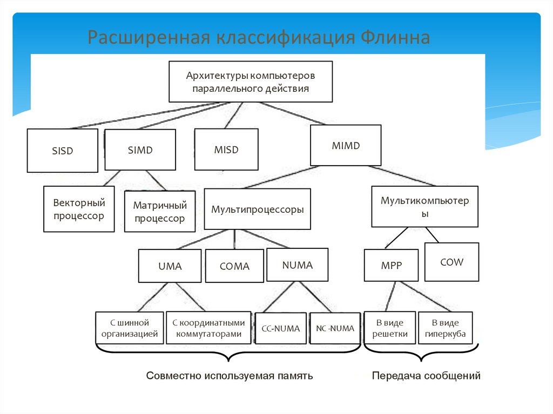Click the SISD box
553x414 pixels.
63,150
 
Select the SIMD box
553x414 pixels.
140,150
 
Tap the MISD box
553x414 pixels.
226,150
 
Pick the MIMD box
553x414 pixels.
346,145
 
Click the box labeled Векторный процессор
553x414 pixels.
79,209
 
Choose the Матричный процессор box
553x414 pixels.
160,212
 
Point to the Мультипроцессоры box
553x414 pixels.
258,209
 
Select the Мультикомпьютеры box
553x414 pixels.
424,206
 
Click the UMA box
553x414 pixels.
170,266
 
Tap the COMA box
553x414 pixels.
234,266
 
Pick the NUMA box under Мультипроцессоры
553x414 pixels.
297,264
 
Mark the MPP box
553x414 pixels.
391,266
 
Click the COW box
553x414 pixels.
451,262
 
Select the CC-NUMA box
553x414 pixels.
280,328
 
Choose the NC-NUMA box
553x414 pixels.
335,328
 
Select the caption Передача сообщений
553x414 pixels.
426,376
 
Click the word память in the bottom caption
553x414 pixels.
295,376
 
